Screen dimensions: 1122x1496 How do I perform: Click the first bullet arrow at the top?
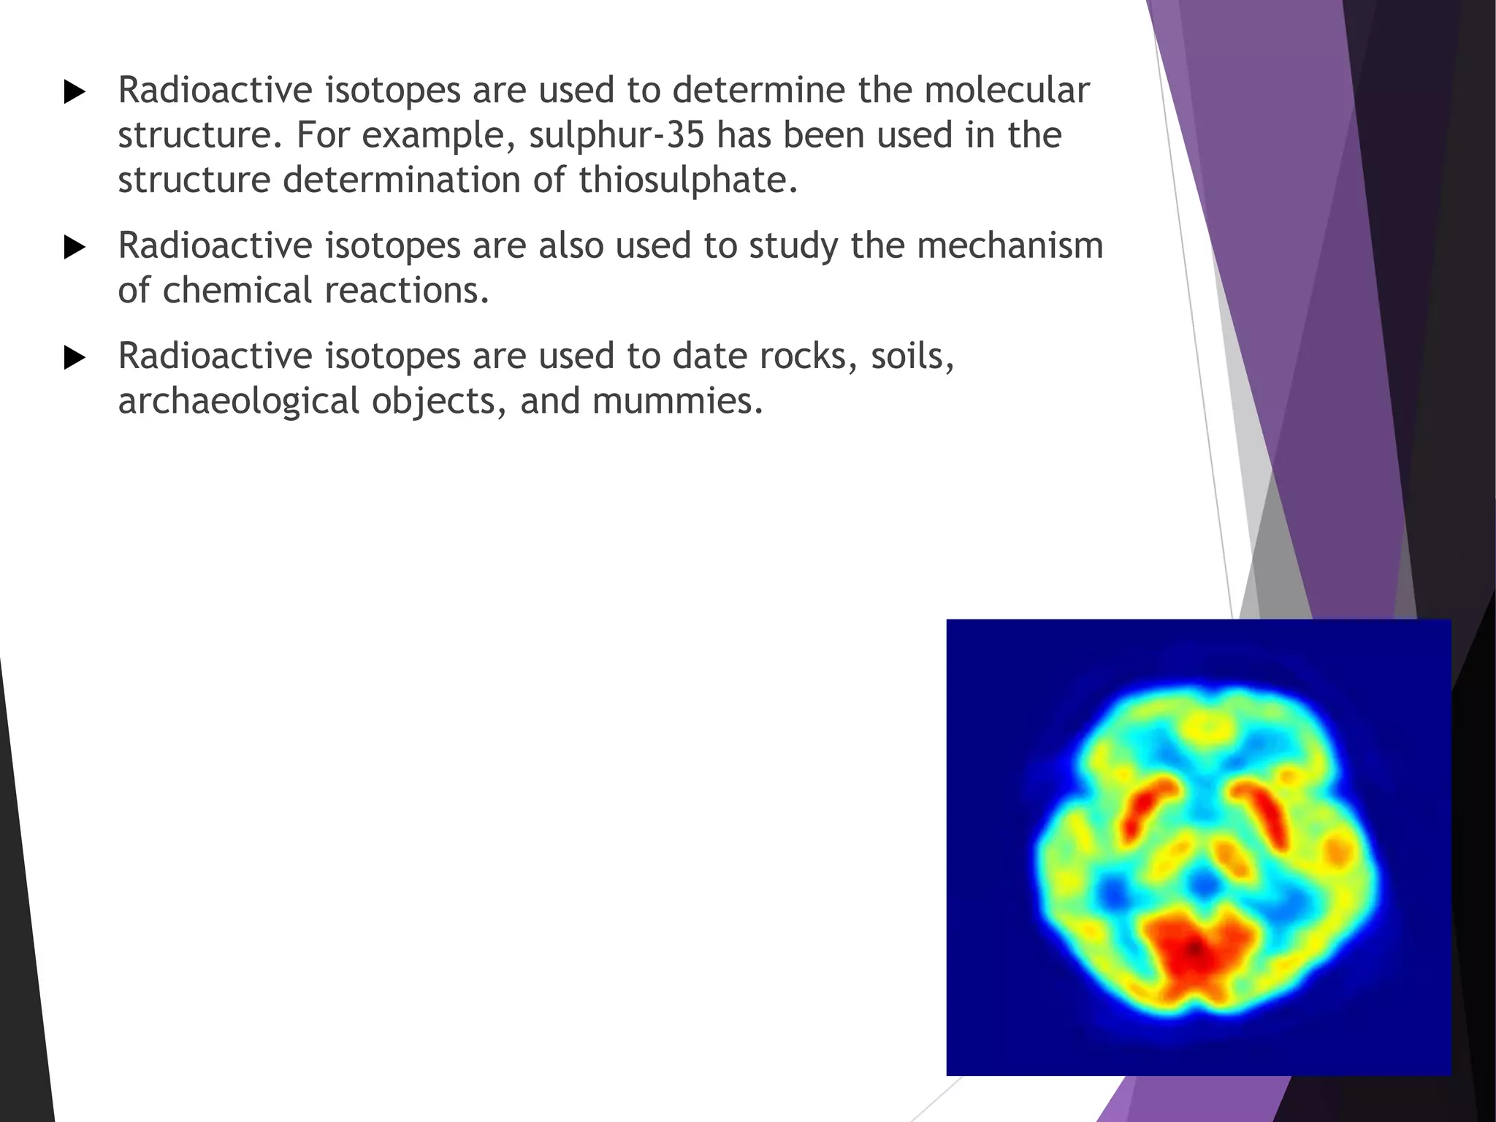tap(75, 93)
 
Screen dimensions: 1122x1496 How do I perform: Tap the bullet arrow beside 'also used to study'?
tap(75, 248)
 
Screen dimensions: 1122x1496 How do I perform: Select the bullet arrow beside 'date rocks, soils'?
tap(75, 359)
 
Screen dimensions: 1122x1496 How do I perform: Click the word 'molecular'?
tap(1007, 91)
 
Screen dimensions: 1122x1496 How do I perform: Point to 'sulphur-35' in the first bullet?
tap(617, 136)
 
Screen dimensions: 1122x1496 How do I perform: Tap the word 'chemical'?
tap(237, 291)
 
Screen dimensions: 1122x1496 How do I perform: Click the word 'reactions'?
tap(402, 291)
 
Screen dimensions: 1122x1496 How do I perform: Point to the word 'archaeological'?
tap(239, 402)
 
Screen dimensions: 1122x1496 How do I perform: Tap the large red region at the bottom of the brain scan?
tap(1195, 950)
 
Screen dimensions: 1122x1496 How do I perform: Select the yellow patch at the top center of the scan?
tap(1206, 726)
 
